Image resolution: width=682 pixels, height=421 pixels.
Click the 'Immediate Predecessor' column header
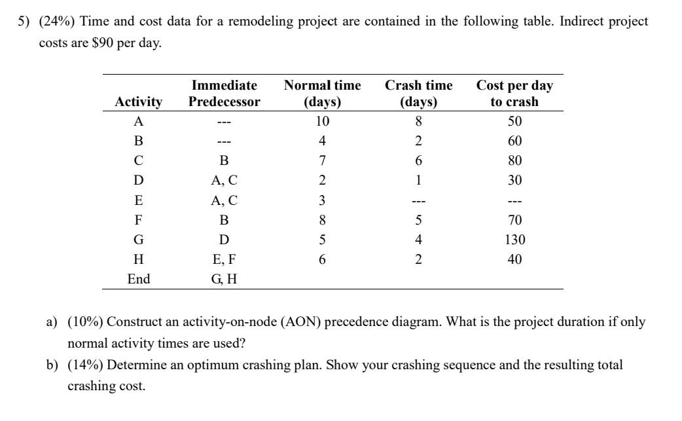pyautogui.click(x=224, y=94)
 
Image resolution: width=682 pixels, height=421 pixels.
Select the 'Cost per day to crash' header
pyautogui.click(x=514, y=94)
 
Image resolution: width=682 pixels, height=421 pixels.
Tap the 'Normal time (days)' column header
pyautogui.click(x=322, y=94)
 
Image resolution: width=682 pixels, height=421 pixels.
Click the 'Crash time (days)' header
pyautogui.click(x=418, y=94)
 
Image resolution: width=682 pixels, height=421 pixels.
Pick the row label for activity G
pyautogui.click(x=138, y=240)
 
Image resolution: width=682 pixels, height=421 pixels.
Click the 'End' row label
pyautogui.click(x=138, y=279)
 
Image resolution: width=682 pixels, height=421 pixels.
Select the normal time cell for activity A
pyautogui.click(x=322, y=122)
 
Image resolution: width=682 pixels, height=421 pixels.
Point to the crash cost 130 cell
pyautogui.click(x=514, y=240)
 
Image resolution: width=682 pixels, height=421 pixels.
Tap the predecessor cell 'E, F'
pyautogui.click(x=224, y=259)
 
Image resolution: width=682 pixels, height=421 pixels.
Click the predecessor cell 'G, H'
pyautogui.click(x=224, y=279)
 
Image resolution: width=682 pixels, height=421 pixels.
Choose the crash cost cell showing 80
pyautogui.click(x=514, y=161)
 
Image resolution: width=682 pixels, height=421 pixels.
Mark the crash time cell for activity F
pyautogui.click(x=418, y=220)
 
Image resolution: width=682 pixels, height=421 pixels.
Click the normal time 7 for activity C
pyautogui.click(x=322, y=161)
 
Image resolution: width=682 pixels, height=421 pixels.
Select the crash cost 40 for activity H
pyautogui.click(x=514, y=259)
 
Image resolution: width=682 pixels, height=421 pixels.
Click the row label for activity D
pyautogui.click(x=138, y=181)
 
